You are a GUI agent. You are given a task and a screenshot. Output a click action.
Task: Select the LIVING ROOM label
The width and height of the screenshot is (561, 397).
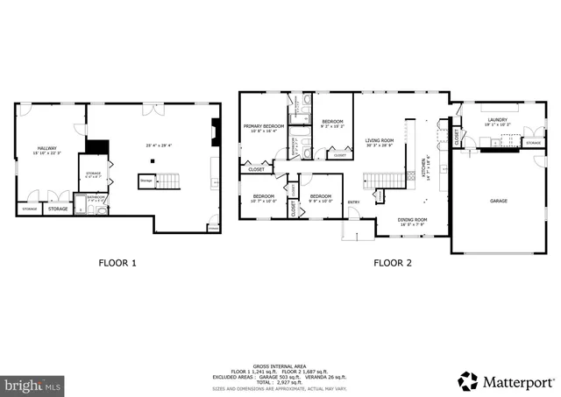click(380, 139)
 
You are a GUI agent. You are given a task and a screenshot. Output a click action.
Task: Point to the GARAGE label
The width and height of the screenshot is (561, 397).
click(498, 201)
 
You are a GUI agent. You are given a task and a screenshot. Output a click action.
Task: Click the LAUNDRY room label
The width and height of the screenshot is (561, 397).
click(497, 122)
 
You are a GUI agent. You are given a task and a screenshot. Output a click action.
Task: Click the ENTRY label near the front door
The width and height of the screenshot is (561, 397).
click(353, 203)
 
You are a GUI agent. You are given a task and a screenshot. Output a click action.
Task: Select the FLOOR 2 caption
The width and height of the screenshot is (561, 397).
click(394, 262)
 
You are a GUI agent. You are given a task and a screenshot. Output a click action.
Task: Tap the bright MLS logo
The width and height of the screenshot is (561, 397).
click(33, 384)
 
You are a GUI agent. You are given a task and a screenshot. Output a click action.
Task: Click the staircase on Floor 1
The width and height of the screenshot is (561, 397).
click(166, 181)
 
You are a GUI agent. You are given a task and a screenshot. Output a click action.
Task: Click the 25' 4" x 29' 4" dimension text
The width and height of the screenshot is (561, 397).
click(159, 145)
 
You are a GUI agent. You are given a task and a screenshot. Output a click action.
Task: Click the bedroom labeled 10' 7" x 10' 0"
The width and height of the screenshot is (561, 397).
click(264, 198)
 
